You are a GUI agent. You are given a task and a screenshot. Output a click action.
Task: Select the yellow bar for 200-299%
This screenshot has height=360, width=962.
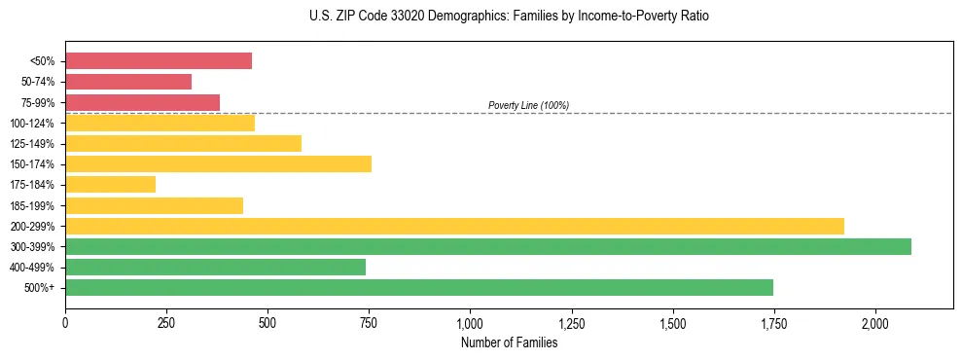(x=454, y=226)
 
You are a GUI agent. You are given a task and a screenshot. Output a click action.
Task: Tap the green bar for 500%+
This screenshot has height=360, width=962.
(x=419, y=287)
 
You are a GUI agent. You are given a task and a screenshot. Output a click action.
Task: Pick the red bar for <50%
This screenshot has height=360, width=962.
(x=159, y=61)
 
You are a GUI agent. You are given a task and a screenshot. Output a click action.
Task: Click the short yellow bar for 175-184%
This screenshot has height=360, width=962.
(x=110, y=184)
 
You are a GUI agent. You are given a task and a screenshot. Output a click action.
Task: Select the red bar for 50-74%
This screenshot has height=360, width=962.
(x=128, y=82)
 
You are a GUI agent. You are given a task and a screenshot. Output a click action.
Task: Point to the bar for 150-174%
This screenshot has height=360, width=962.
(x=218, y=163)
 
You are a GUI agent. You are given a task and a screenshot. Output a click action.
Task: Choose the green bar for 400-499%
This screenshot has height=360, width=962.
(x=215, y=267)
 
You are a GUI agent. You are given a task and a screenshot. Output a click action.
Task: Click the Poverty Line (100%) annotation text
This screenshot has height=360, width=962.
(x=528, y=105)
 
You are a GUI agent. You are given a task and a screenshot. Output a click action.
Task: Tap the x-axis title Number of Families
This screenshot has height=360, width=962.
(x=509, y=342)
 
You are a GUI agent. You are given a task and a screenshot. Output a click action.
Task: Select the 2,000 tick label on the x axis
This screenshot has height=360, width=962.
(x=874, y=323)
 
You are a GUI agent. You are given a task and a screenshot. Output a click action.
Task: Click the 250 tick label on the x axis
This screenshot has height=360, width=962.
(x=166, y=323)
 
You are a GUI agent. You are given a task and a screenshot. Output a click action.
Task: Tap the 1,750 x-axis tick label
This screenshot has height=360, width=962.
(x=773, y=323)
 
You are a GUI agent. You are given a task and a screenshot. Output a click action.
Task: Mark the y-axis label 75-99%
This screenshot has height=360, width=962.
(x=37, y=103)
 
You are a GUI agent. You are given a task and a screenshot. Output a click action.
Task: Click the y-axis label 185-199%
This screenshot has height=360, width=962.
(x=34, y=205)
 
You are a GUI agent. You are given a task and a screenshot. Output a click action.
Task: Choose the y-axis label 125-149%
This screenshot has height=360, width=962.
(x=34, y=144)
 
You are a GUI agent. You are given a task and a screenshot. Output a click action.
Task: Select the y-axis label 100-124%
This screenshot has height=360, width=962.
(x=34, y=124)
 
